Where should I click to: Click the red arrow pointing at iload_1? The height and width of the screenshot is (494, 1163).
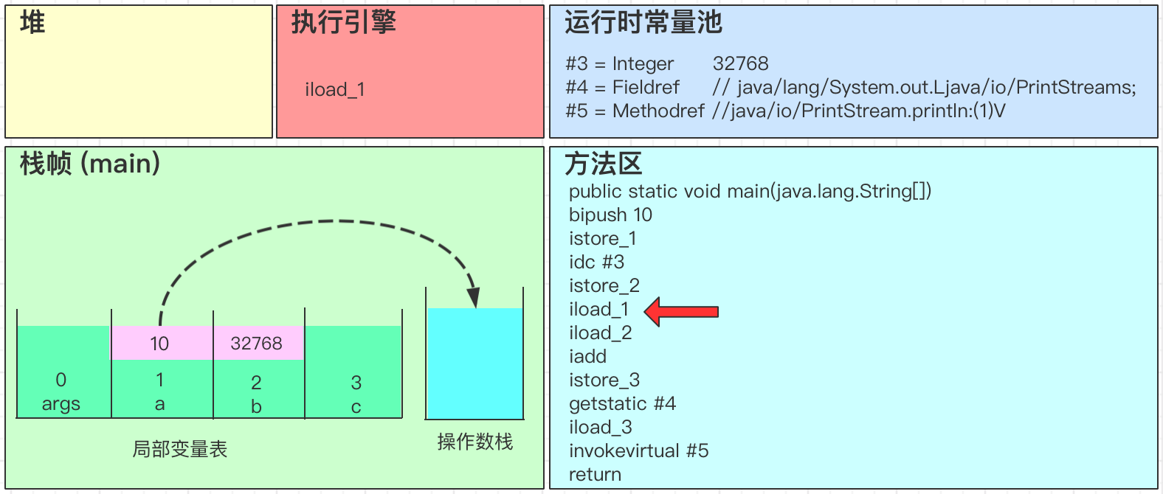(681, 311)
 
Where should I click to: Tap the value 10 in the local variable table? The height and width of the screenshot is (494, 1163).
(159, 344)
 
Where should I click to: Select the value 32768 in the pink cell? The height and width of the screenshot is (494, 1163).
(256, 344)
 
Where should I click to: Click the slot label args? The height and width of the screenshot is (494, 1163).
(61, 404)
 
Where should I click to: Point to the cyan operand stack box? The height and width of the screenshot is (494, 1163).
(474, 363)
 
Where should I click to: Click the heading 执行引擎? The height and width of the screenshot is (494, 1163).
(343, 22)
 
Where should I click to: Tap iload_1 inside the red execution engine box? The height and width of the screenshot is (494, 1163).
(335, 90)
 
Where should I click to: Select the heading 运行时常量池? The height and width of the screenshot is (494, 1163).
(643, 22)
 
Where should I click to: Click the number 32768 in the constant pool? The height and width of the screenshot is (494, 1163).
(740, 63)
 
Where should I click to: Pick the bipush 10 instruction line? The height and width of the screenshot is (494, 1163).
(610, 215)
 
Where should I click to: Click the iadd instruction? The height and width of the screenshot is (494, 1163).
(587, 356)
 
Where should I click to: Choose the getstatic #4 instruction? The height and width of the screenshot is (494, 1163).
(622, 403)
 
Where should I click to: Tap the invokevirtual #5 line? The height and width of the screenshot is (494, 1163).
(638, 450)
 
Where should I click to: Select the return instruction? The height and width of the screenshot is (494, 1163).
(595, 474)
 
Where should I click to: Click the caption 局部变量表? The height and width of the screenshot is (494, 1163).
(179, 449)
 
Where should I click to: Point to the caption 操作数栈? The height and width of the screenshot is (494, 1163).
(474, 442)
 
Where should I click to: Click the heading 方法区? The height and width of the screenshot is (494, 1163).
(603, 164)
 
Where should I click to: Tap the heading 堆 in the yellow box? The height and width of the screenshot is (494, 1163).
(32, 23)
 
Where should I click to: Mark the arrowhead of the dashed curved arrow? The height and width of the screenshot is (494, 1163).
(473, 297)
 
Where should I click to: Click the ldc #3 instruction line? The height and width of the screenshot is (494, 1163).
(596, 262)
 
